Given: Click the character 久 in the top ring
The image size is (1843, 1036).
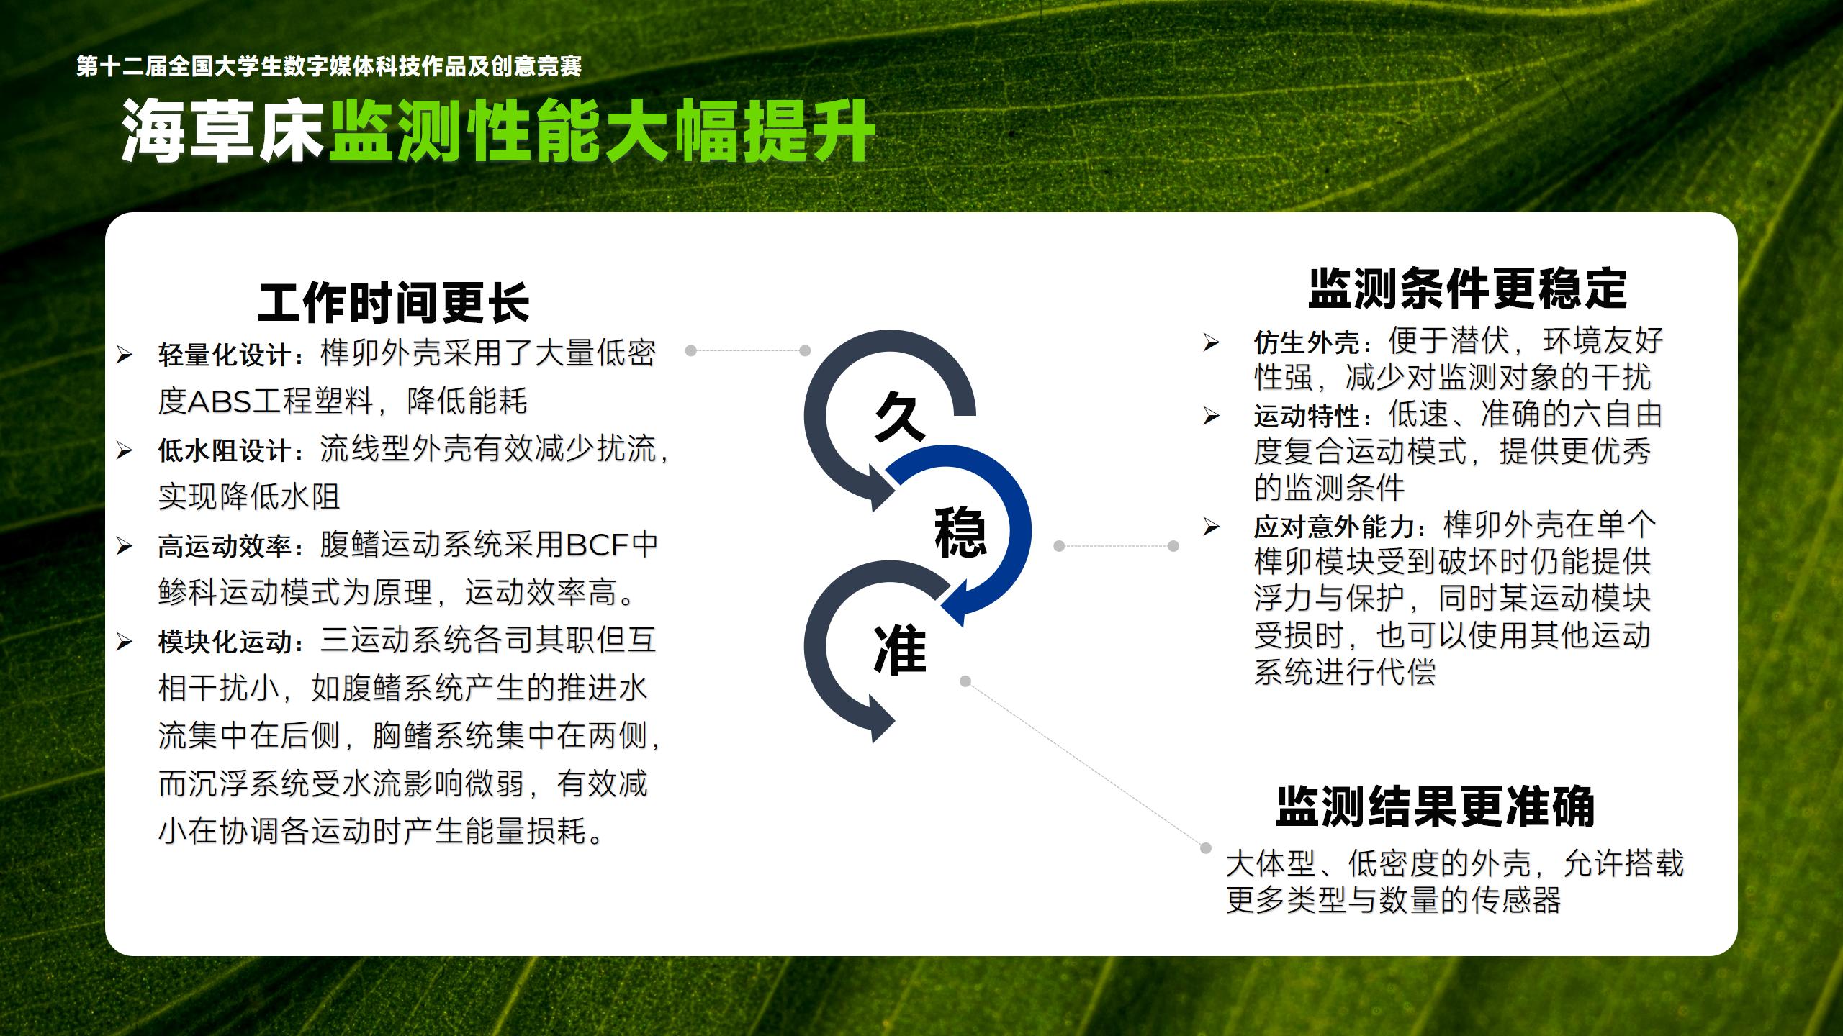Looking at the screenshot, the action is tap(900, 417).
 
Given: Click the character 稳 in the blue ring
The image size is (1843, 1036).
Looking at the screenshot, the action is tap(960, 532).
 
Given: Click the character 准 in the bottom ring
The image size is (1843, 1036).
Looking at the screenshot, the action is tap(900, 650).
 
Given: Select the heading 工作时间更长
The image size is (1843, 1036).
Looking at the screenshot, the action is tap(394, 303).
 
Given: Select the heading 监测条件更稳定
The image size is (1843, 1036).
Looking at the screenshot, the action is tap(1468, 289).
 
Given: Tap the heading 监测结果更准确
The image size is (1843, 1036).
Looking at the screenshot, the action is tap(1436, 806).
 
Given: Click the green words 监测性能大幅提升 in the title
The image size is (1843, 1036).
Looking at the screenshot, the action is tap(602, 131).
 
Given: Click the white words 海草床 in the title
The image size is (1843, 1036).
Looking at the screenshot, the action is tap(222, 131).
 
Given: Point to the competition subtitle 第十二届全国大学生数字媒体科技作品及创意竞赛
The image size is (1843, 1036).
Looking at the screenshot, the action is tap(329, 67).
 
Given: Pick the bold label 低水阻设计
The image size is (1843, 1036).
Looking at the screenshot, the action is tap(224, 451).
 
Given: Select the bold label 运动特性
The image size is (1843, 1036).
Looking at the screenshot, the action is tap(1306, 416).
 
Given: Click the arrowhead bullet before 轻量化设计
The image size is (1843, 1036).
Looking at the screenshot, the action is tap(124, 355).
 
